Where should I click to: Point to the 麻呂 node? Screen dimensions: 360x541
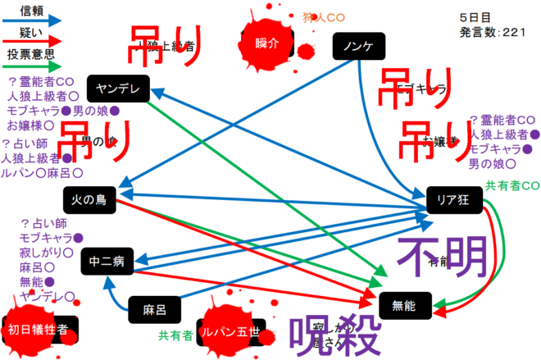click(x=153, y=310)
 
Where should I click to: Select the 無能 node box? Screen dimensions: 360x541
click(x=404, y=306)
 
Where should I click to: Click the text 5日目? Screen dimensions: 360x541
click(x=475, y=16)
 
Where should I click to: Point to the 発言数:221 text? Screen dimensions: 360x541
click(x=492, y=32)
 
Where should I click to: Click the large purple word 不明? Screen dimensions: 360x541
click(x=443, y=257)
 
